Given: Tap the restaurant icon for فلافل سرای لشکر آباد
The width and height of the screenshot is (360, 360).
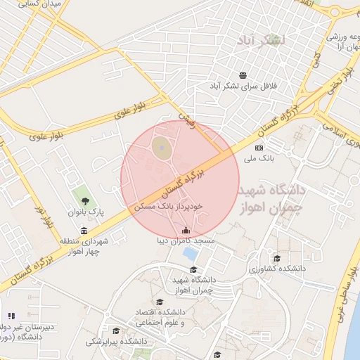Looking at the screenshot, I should coord(243,75).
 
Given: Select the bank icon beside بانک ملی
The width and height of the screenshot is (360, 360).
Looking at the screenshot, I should coord(259,148).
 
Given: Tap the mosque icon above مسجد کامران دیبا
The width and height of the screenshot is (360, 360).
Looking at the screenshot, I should coord(186,230).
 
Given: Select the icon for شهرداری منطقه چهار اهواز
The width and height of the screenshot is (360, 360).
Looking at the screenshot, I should coord(84,231).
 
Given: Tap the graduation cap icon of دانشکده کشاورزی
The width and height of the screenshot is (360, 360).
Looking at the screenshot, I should coord(276,258).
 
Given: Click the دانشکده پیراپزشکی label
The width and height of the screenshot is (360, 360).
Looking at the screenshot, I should coord(113,342).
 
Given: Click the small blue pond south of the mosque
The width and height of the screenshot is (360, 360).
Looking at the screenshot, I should coord(190,252).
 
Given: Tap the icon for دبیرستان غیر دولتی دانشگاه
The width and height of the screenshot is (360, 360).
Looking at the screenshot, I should coord(11,316).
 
